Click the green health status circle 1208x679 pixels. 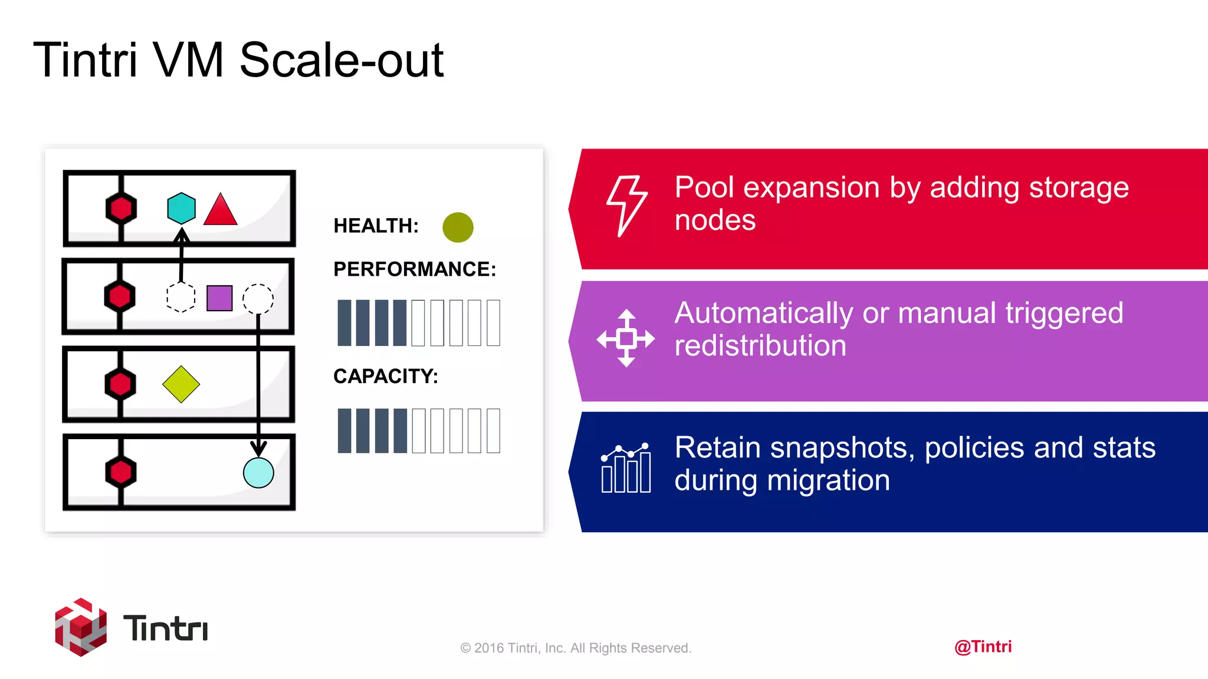[458, 228]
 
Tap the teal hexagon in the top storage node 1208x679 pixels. [181, 208]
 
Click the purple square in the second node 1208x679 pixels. [219, 298]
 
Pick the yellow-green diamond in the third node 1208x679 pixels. [181, 384]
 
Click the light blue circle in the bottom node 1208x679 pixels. [258, 473]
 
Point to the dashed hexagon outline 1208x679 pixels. [180, 298]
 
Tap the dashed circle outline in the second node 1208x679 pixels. [258, 299]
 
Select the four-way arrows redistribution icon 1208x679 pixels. [626, 338]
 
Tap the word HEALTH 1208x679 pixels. [375, 226]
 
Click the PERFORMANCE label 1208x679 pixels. [414, 269]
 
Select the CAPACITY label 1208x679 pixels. [385, 376]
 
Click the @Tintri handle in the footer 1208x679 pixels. [983, 647]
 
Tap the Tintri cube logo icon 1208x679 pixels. [81, 627]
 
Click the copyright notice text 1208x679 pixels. [576, 648]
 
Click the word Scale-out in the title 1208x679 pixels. [342, 60]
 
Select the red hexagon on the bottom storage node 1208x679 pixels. [121, 472]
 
